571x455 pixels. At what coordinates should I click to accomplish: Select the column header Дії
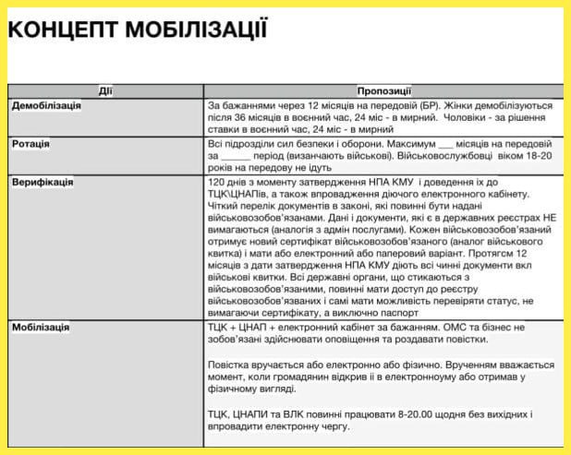tap(105, 90)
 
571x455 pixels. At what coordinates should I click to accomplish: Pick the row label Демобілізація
tap(46, 106)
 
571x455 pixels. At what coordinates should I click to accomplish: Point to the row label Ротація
tap(30, 145)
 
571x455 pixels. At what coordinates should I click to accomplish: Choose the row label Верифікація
tap(42, 183)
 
